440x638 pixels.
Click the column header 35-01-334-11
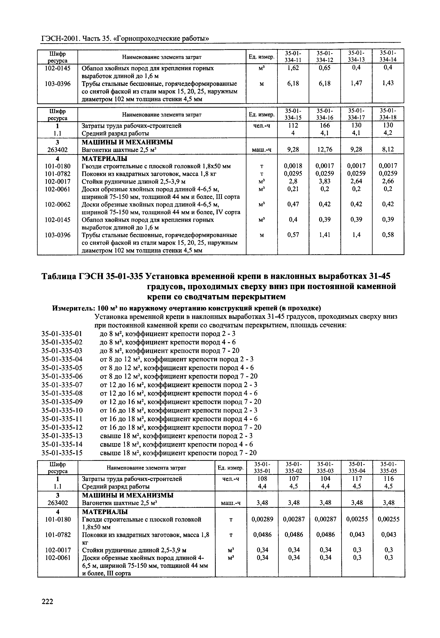click(293, 56)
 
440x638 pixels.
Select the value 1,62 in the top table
click(293, 68)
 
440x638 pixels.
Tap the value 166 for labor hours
click(325, 125)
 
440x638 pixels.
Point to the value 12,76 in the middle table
click(325, 150)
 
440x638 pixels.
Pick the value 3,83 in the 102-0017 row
click(325, 181)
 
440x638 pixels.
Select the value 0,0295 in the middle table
click(293, 174)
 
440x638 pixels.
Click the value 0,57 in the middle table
click(293, 235)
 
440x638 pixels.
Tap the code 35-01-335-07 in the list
click(62, 385)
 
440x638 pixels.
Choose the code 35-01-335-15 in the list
click(62, 453)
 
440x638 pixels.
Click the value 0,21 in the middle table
click(293, 189)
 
